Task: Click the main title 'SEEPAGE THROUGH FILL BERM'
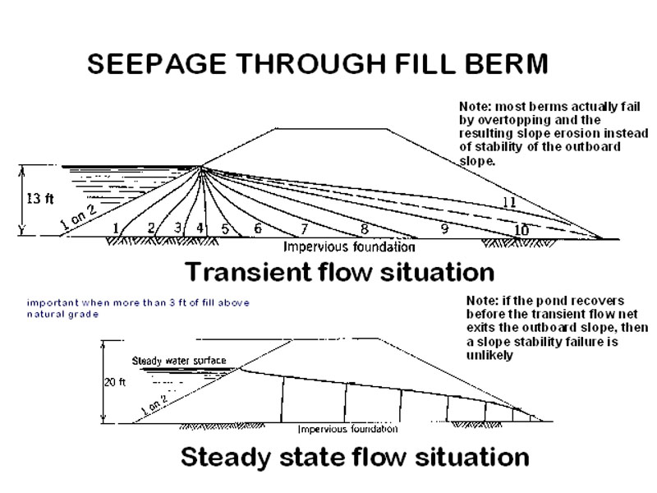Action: coord(317,65)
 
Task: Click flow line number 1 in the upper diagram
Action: coord(116,228)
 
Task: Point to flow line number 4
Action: coord(200,227)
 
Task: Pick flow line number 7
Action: coord(304,228)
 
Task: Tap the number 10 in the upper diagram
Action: coord(521,230)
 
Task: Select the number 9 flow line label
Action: coord(444,229)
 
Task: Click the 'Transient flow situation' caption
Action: coord(338,271)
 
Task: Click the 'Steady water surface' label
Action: coord(178,362)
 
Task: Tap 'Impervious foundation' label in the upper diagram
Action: coord(349,246)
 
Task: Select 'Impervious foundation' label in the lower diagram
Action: coord(347,429)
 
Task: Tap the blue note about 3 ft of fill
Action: coord(138,308)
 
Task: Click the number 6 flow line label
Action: coord(258,228)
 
